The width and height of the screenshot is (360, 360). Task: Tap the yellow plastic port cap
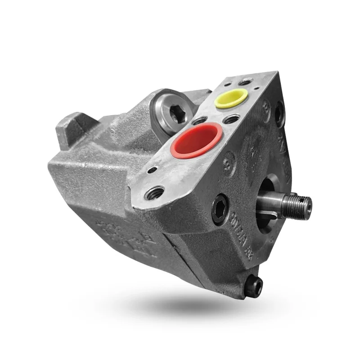pos(231,98)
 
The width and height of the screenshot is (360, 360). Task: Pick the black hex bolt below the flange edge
pos(220,208)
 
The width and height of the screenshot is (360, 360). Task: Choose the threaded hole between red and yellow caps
pos(231,119)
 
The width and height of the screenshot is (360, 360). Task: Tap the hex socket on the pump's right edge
pos(280,112)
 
